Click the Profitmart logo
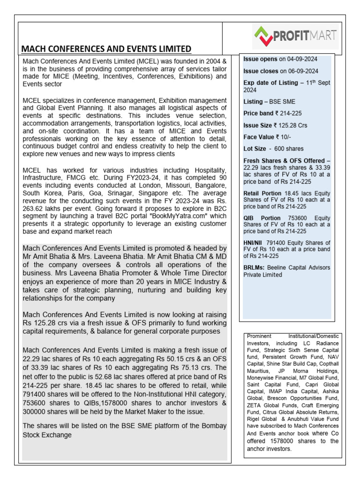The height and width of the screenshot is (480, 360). pyautogui.click(x=295, y=35)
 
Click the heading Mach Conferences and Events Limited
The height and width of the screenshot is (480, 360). pyautogui.click(x=106, y=49)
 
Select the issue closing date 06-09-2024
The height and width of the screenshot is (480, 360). pyautogui.click(x=300, y=71)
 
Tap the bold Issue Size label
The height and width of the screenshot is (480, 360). pyautogui.click(x=257, y=126)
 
